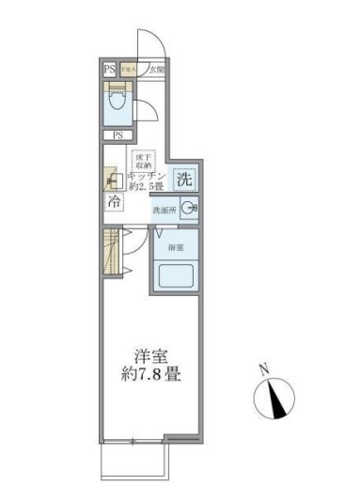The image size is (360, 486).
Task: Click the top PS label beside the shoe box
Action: point(110,70)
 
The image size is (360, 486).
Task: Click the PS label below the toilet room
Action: point(117,135)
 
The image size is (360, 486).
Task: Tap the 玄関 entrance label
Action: point(157,70)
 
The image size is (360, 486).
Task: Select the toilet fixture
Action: point(117,102)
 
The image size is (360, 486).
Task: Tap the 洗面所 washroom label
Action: point(165,210)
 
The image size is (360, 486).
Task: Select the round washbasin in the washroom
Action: point(191,210)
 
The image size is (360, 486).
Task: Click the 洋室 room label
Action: point(149,356)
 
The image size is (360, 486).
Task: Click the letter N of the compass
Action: point(265,369)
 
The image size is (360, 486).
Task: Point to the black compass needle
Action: point(279,402)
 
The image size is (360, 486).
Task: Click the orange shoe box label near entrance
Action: point(130,70)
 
